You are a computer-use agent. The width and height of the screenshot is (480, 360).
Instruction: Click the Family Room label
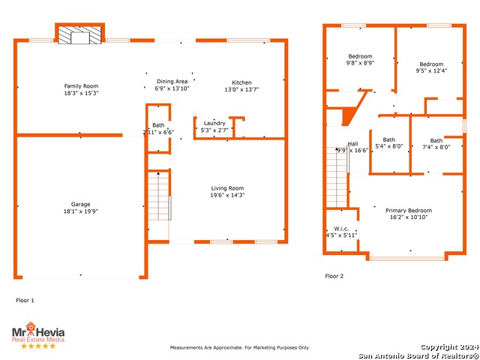click(81, 86)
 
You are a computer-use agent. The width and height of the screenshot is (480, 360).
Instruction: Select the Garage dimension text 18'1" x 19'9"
click(81, 211)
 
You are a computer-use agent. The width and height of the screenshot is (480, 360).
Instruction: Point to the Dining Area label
click(172, 82)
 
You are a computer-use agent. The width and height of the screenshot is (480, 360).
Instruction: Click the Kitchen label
click(241, 82)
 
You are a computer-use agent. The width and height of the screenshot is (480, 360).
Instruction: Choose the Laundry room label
click(214, 123)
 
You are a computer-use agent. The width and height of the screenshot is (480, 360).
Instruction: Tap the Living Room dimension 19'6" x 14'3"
click(227, 195)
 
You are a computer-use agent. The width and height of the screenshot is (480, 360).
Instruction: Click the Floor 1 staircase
click(158, 196)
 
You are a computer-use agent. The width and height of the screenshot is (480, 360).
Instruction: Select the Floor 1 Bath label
click(158, 125)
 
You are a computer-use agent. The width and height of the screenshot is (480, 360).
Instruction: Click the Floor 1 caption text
click(25, 300)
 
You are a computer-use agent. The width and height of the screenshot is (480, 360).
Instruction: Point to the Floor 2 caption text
click(334, 276)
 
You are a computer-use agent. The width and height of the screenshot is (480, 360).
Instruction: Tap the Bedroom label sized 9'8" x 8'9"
click(360, 56)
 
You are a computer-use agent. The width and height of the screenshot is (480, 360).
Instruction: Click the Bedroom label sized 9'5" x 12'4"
click(431, 64)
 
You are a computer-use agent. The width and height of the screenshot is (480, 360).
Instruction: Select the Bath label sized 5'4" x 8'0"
click(388, 139)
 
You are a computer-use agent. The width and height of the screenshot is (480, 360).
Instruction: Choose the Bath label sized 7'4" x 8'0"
click(436, 140)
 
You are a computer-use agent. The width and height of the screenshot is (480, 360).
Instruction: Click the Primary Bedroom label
click(409, 210)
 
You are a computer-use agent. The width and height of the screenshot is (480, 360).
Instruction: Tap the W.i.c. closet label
click(341, 229)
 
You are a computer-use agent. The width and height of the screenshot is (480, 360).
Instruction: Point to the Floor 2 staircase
click(337, 177)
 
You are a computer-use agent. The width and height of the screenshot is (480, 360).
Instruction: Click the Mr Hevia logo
click(38, 332)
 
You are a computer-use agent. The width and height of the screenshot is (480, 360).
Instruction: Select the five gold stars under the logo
click(38, 346)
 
